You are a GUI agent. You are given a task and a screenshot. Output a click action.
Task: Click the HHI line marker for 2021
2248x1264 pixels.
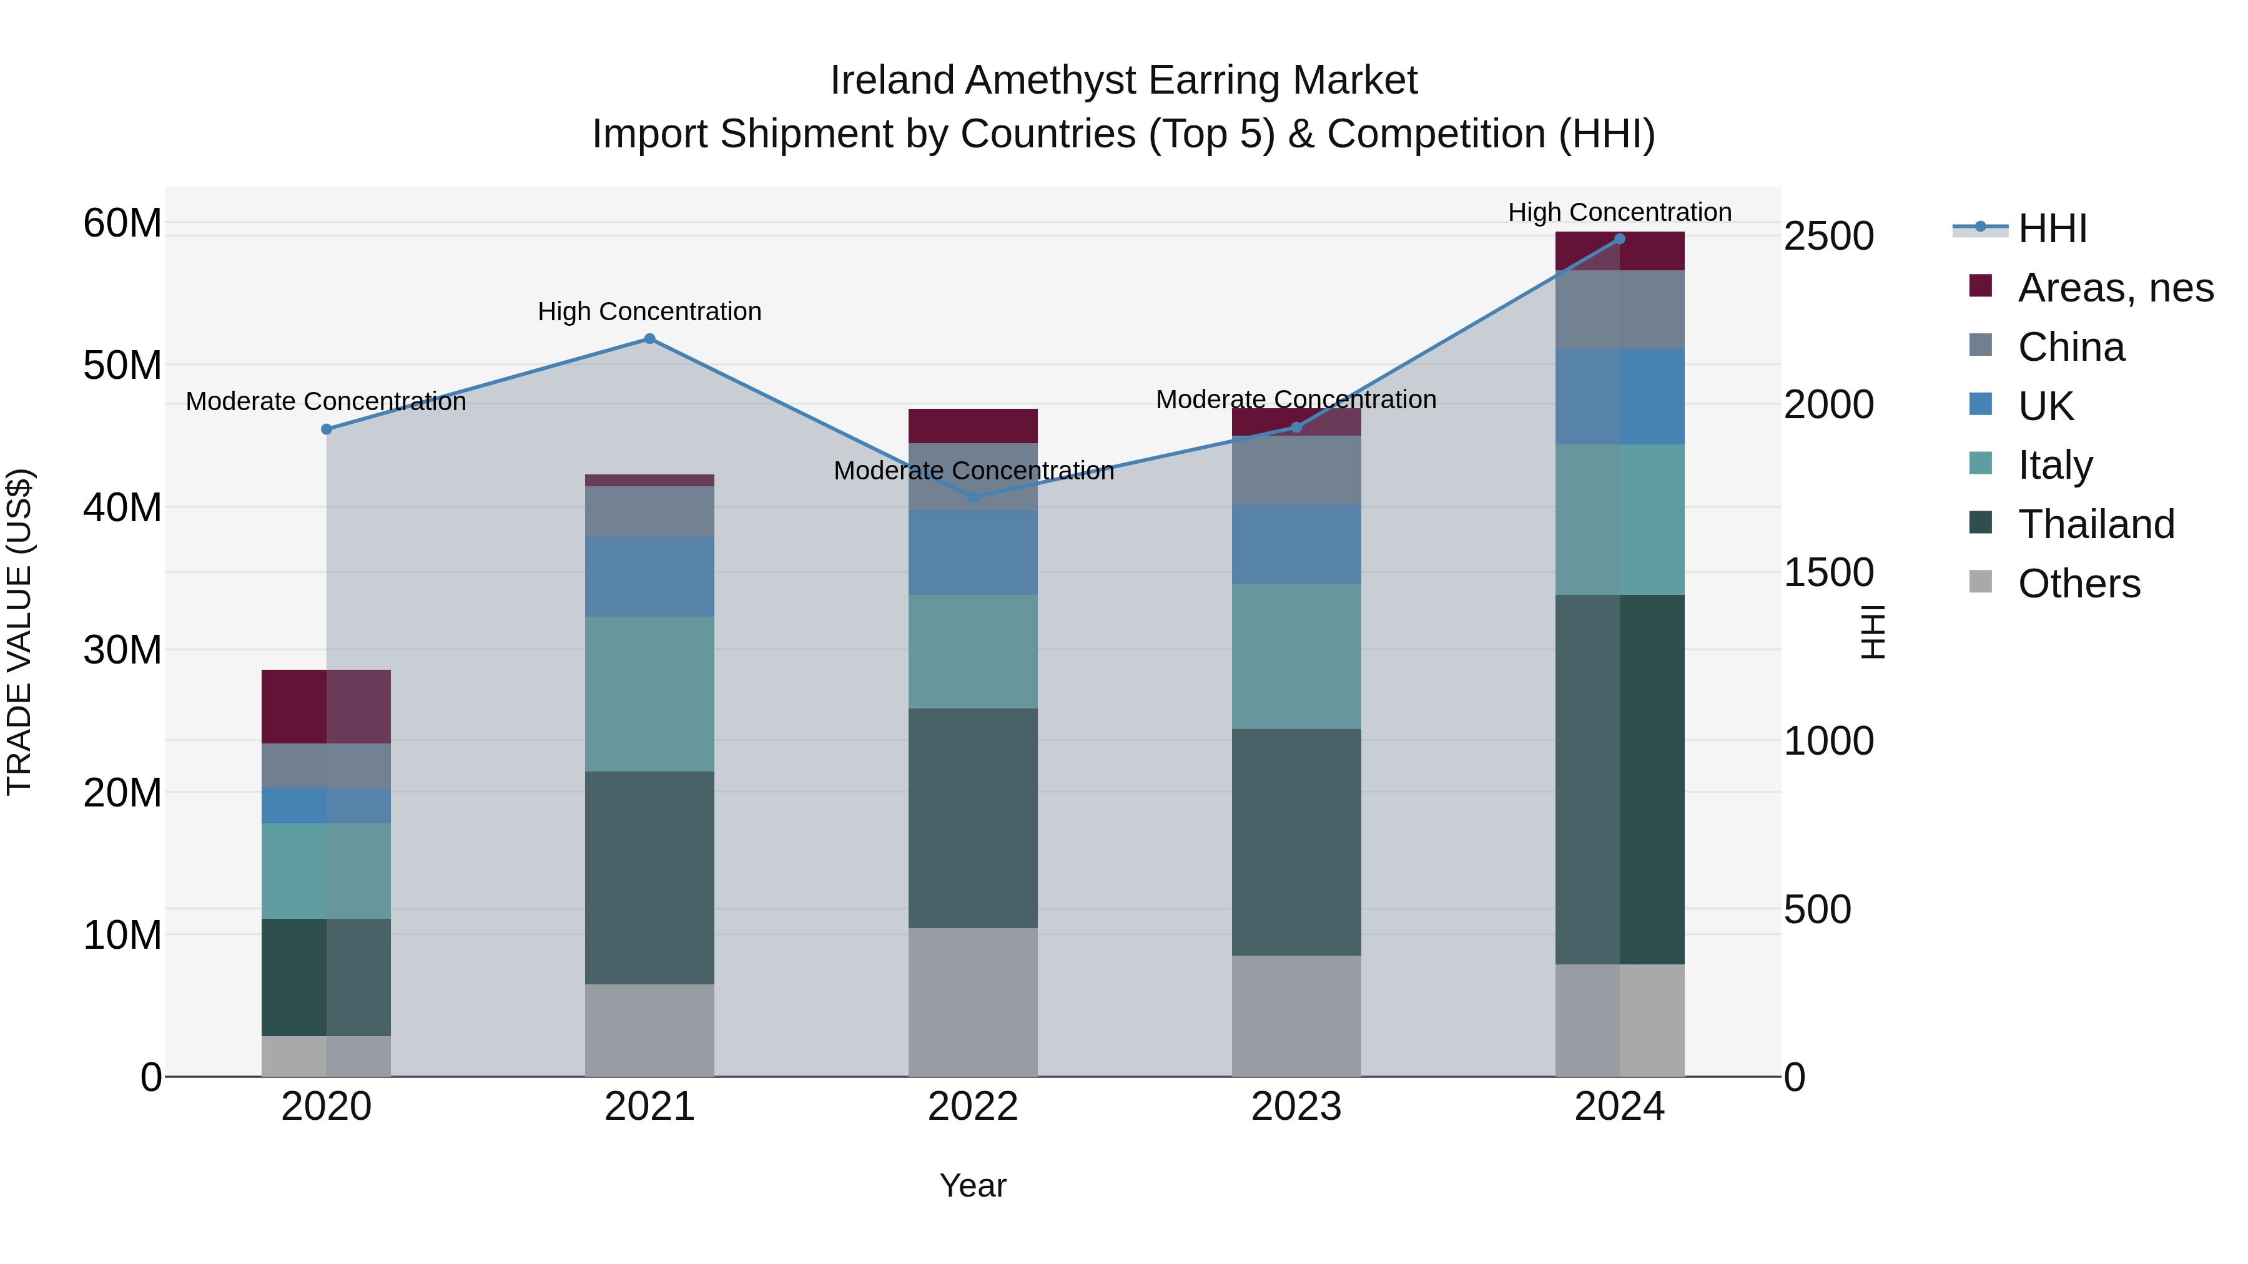tap(649, 338)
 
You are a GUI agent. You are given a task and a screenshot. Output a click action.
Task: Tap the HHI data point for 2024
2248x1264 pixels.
tap(1620, 239)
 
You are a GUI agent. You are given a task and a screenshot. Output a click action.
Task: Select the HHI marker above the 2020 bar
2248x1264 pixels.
tap(327, 429)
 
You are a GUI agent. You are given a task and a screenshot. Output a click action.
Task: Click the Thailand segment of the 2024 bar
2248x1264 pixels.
tap(1620, 779)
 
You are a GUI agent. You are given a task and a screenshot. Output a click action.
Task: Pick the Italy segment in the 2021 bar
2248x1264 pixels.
tap(649, 693)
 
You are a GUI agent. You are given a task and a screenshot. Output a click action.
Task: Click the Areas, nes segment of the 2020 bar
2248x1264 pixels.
tap(327, 707)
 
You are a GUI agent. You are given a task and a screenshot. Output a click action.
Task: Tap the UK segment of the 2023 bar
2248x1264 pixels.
tap(1296, 544)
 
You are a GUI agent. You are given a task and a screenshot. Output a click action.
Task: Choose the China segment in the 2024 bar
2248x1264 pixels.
tap(1620, 310)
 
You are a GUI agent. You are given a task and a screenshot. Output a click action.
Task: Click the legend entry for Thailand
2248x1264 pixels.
tap(2095, 524)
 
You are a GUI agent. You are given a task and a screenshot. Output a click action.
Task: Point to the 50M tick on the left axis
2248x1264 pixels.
tap(122, 366)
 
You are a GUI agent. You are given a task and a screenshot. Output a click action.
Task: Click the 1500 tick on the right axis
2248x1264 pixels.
tap(1828, 573)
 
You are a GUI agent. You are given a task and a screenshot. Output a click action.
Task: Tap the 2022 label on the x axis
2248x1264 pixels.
tap(973, 1107)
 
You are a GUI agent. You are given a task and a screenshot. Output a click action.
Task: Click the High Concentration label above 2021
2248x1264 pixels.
tap(649, 311)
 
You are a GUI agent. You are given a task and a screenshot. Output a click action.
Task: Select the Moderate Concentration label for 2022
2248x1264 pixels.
tap(973, 471)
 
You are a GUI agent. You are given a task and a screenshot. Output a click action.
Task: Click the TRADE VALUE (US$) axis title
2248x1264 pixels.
tap(20, 632)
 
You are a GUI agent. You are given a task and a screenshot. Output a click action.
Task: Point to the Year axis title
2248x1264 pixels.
tap(973, 1185)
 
